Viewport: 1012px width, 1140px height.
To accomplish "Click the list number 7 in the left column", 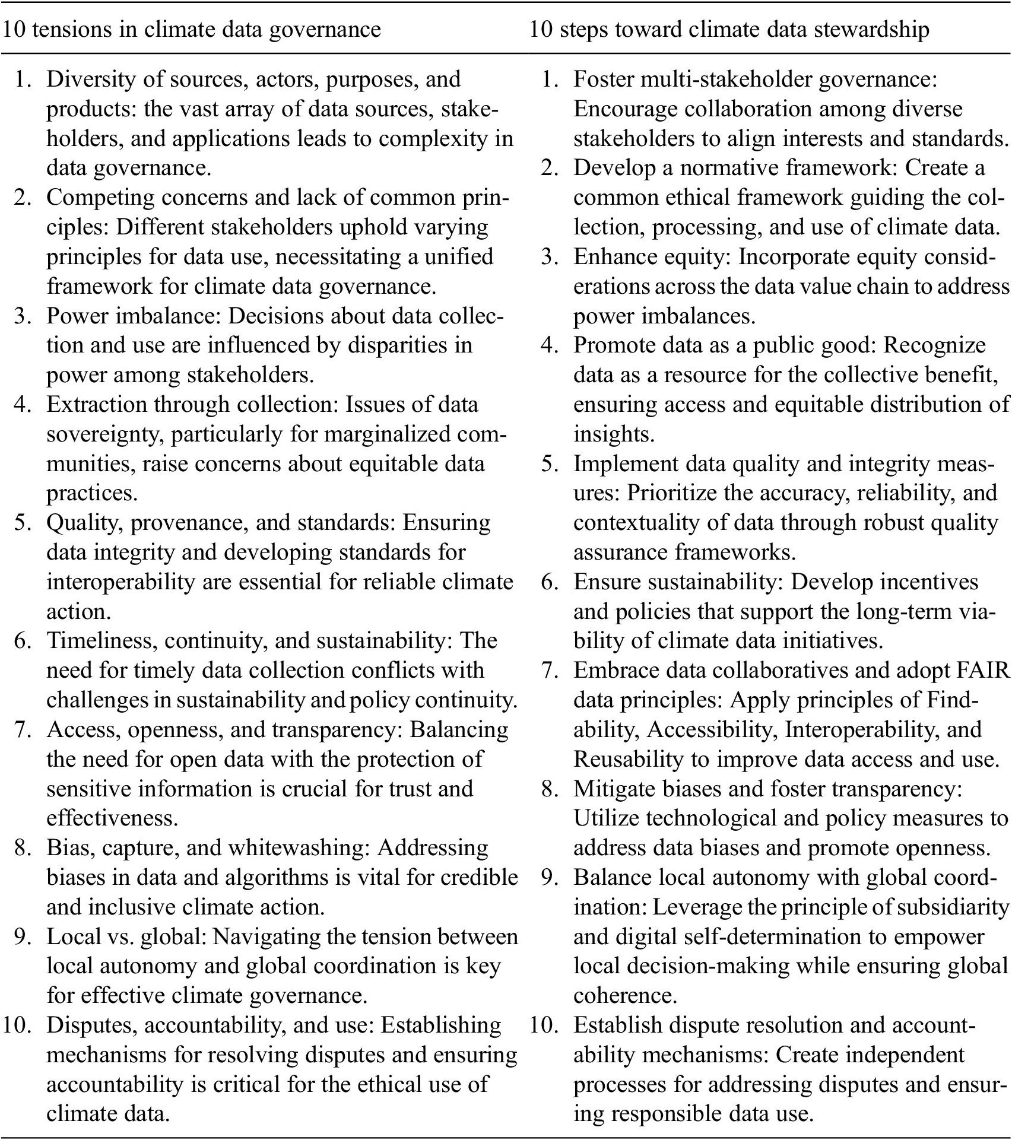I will (x=24, y=729).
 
